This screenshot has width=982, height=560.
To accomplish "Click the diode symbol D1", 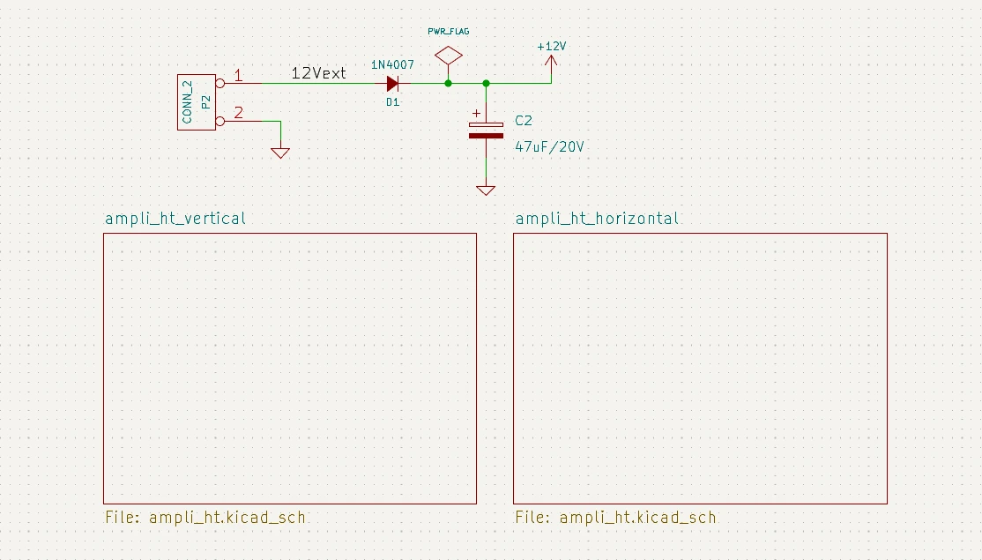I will tap(393, 84).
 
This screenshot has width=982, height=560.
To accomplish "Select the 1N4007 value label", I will tap(392, 65).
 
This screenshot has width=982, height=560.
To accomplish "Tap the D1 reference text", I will tap(392, 102).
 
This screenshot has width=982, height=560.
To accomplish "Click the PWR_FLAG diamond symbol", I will tap(449, 56).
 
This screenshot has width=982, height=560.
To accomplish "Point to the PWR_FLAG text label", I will tap(449, 31).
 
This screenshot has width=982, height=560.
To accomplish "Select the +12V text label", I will tap(552, 46).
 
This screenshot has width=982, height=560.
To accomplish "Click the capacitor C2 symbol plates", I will tap(486, 130).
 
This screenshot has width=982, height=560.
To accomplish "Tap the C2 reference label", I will tap(524, 121).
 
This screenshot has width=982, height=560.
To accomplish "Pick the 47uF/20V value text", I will tap(549, 147).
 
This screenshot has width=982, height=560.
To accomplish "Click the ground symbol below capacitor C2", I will tap(486, 189).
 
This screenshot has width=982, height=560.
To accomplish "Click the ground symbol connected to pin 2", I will tap(280, 152).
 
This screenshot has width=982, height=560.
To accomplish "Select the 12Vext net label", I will tap(318, 73).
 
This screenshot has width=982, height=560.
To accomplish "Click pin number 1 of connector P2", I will tap(237, 76).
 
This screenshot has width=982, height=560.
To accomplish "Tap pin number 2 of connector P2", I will tap(238, 113).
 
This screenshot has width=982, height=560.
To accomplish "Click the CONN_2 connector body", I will tap(197, 102).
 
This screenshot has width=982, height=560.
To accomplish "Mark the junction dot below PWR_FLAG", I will tap(449, 84).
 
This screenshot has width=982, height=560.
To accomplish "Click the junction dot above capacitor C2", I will tap(486, 84).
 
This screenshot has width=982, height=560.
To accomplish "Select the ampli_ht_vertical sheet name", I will tap(175, 219).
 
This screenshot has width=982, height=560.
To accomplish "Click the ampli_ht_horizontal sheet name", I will tap(597, 219).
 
